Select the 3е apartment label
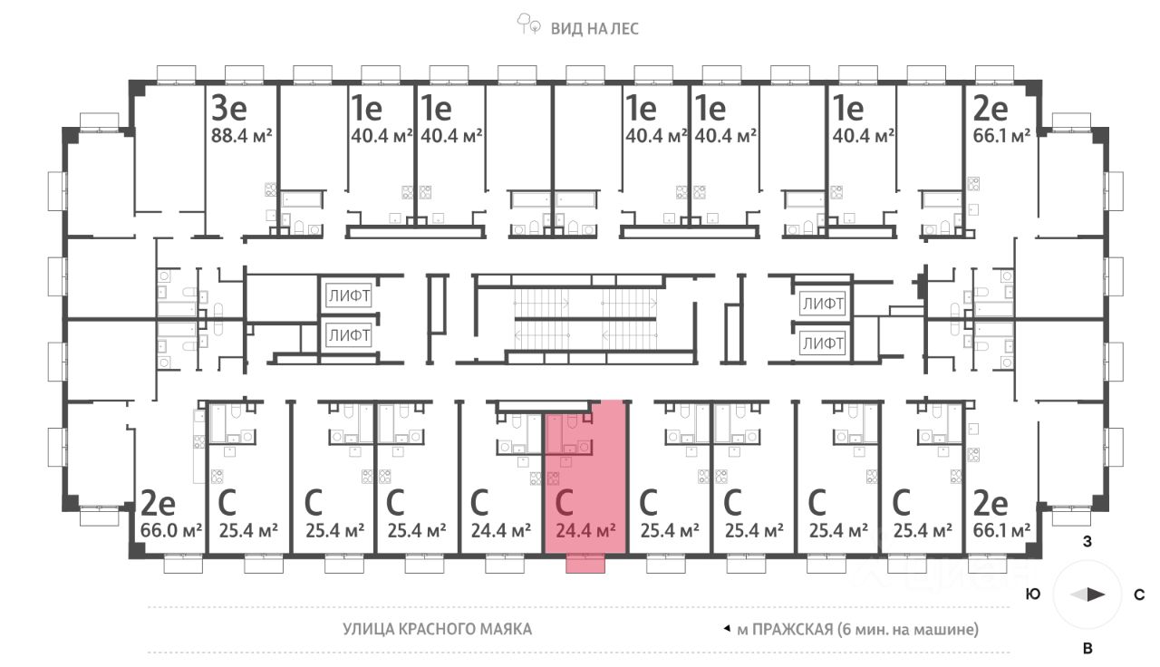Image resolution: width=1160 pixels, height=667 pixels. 229,109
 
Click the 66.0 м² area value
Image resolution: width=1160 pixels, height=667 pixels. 171,529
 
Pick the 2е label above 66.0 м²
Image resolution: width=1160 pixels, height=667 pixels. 158,501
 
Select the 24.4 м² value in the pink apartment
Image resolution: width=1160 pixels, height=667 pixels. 585,529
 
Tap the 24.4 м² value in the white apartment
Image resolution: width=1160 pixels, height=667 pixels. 501,529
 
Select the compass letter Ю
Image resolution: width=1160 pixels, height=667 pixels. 1032,594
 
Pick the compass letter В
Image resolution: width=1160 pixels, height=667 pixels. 1087,648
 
